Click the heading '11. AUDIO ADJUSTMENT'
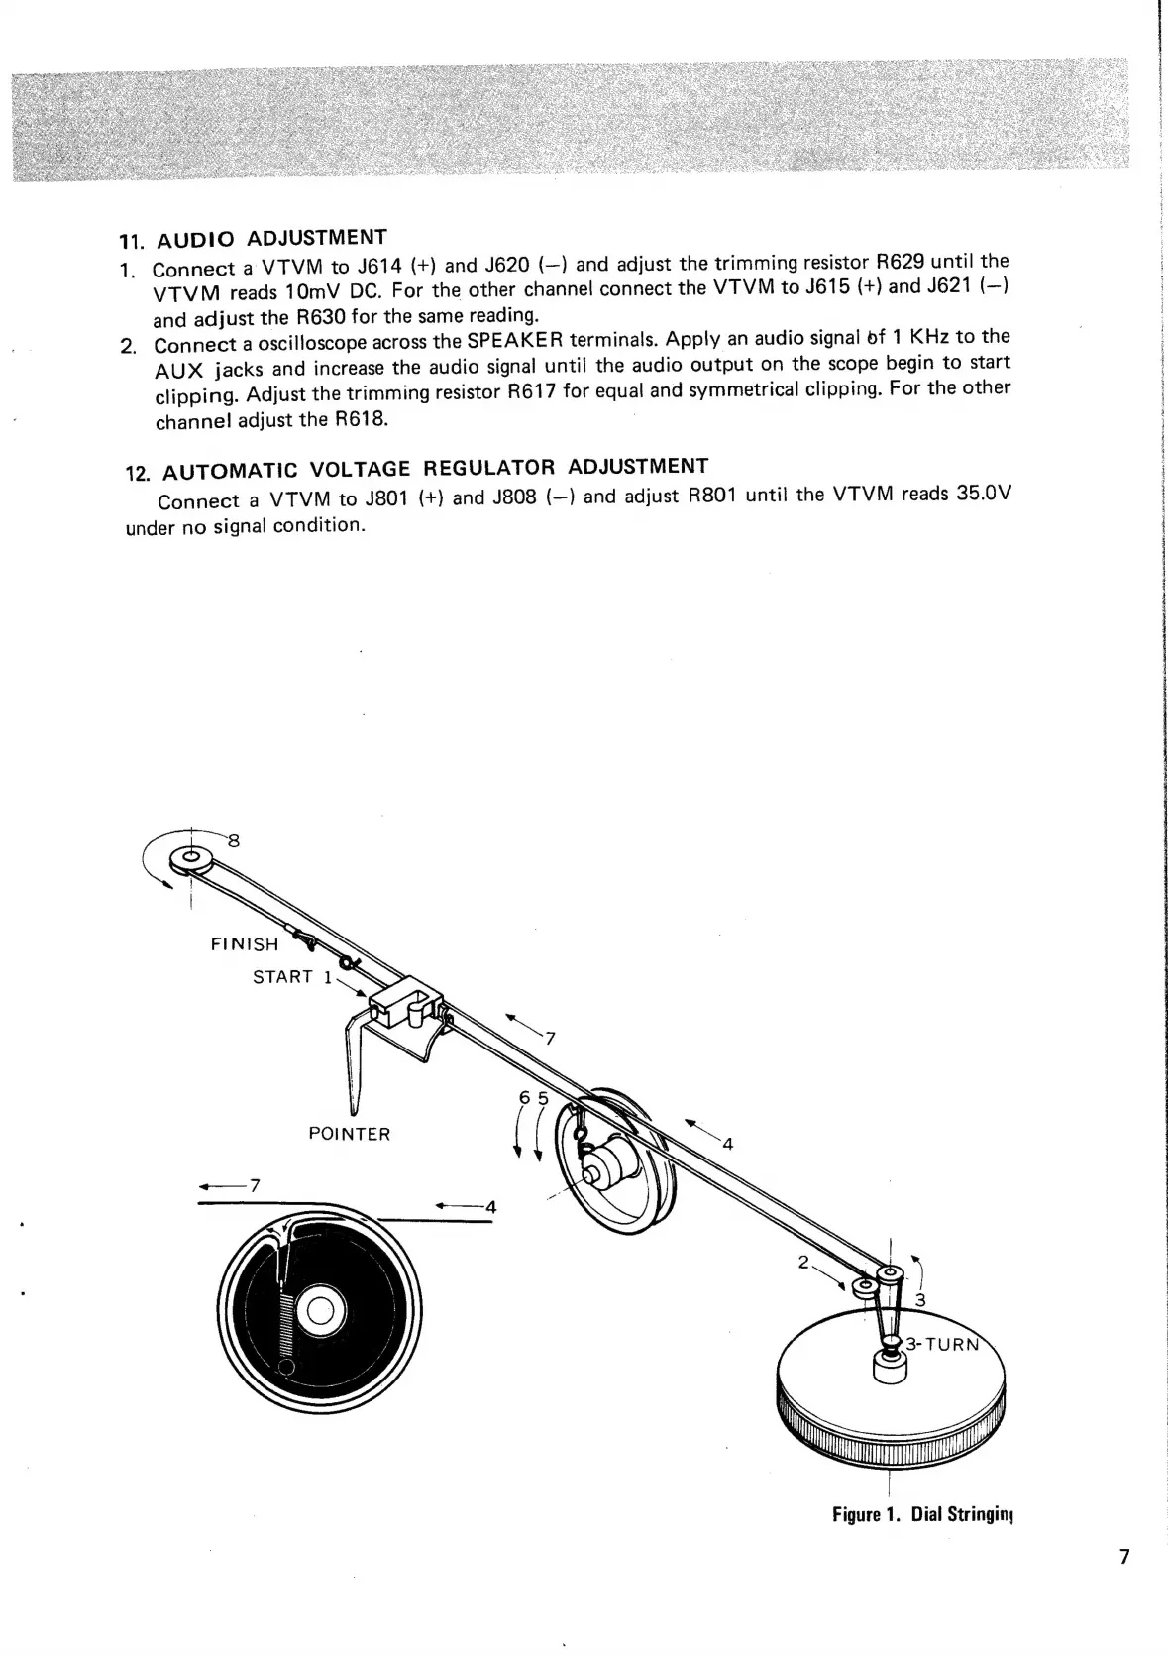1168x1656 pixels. click(253, 239)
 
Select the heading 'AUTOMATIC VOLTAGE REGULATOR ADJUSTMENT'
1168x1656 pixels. click(435, 468)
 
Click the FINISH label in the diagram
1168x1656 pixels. click(245, 944)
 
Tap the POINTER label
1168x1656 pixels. click(350, 1134)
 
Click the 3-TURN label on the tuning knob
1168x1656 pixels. click(943, 1345)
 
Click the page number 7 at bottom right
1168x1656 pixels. click(1123, 1556)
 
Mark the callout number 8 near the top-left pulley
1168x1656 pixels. click(234, 842)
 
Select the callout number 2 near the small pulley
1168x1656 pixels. click(804, 1263)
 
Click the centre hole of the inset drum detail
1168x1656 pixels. click(319, 1313)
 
